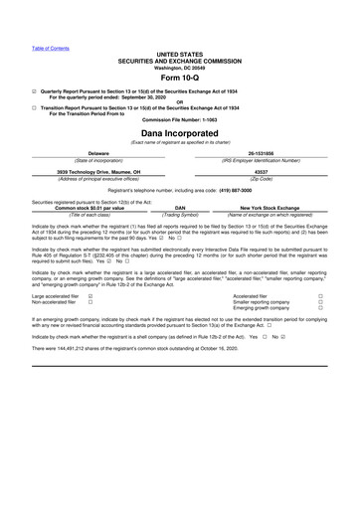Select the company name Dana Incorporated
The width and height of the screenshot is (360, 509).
click(x=179, y=132)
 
